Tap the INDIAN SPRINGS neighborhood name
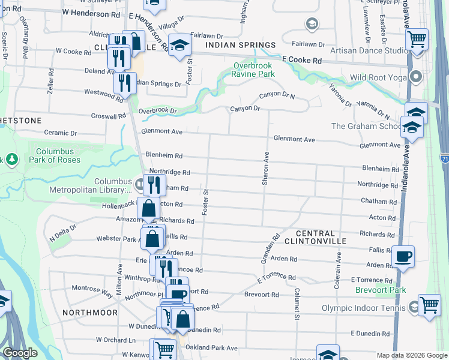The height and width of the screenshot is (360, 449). [240, 45]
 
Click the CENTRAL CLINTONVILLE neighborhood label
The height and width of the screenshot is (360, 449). [321, 237]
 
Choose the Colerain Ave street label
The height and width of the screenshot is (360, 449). [338, 270]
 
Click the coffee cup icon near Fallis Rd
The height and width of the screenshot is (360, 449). [403, 257]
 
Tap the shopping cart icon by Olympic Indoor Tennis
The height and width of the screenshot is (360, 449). [429, 305]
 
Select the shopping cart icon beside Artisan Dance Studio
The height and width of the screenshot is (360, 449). [417, 40]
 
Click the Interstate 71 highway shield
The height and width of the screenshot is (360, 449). [444, 158]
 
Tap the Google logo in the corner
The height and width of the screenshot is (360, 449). [20, 353]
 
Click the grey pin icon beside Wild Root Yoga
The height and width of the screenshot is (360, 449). [415, 77]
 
